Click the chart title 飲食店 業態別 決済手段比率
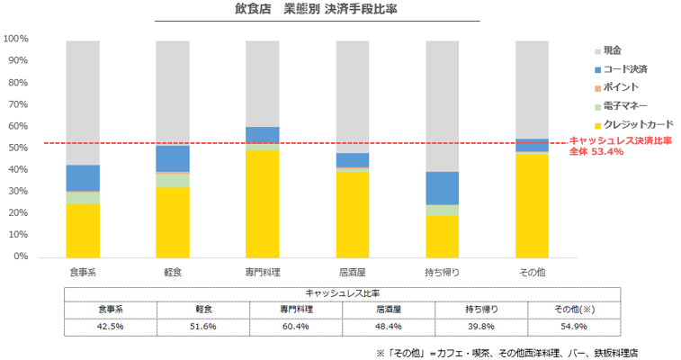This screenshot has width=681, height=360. click(317, 11)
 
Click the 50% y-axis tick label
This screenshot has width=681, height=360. click(19, 148)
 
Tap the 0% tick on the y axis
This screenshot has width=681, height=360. click(22, 256)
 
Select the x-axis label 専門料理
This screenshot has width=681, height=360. click(262, 271)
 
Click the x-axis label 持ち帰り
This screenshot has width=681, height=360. click(442, 271)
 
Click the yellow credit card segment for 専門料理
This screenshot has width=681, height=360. click(262, 203)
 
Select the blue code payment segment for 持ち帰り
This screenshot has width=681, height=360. click(442, 188)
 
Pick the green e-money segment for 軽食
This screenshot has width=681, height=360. click(172, 180)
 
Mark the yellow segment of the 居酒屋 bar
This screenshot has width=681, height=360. click(352, 214)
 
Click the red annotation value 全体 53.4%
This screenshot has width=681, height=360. click(596, 151)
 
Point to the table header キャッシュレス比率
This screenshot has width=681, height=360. click(342, 292)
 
